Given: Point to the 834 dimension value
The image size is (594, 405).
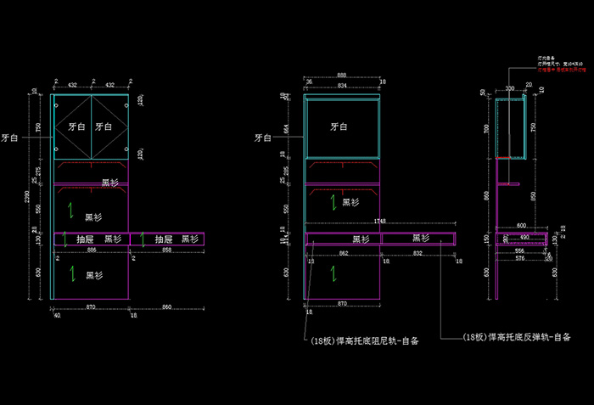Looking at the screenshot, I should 340,86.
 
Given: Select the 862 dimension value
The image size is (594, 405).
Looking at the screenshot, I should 343,253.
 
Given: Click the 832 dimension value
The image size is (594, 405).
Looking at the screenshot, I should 418,253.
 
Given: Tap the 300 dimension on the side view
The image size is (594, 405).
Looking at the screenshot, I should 510,87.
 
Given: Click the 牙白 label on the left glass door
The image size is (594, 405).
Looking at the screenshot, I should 77,126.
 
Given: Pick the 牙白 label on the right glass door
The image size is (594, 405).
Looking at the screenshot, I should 104,126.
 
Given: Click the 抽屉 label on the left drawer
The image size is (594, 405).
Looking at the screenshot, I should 85,239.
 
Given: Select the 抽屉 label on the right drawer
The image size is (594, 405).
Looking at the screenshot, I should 165,239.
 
